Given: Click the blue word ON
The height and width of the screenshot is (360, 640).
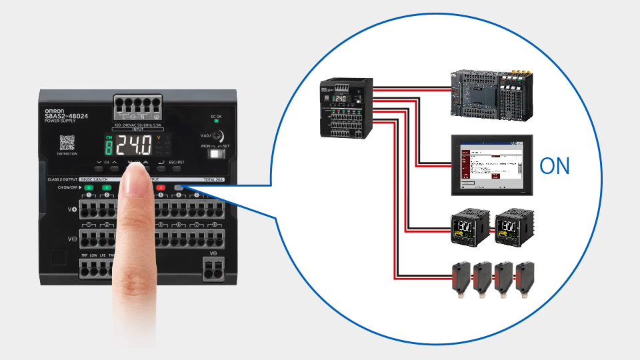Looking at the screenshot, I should (555, 166).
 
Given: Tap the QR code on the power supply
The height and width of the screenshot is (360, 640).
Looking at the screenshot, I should (67, 143).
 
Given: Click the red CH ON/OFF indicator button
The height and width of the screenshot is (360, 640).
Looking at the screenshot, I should (161, 188).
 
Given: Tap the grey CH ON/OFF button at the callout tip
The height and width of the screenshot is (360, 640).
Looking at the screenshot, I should (179, 188).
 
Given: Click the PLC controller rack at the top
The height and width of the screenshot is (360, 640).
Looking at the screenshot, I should (490, 94).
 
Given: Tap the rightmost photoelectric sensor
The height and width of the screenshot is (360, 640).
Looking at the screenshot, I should (525, 281).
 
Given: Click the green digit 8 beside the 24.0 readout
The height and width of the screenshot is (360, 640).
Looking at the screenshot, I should (109, 146).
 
